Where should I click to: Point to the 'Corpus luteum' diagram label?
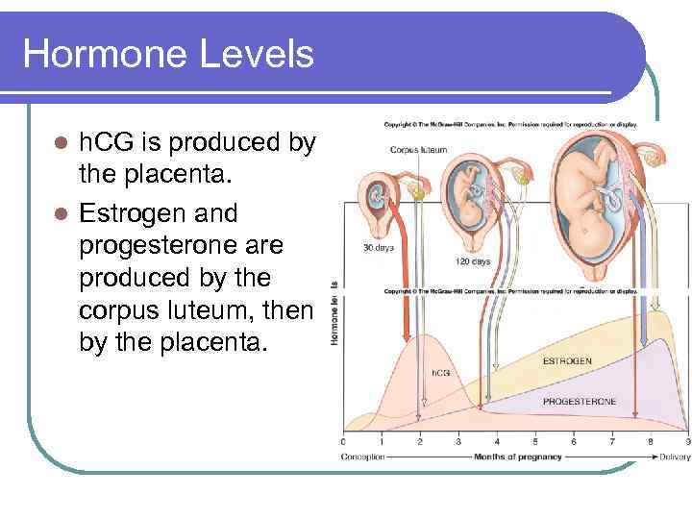(418, 149)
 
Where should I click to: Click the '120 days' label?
(473, 261)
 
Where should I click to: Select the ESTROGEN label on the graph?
(567, 361)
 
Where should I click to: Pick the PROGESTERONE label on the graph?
(580, 401)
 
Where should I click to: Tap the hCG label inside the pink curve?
(440, 372)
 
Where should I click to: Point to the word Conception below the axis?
(363, 457)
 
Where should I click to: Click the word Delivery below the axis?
(674, 457)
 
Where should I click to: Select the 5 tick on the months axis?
(534, 442)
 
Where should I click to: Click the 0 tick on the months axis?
(343, 442)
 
